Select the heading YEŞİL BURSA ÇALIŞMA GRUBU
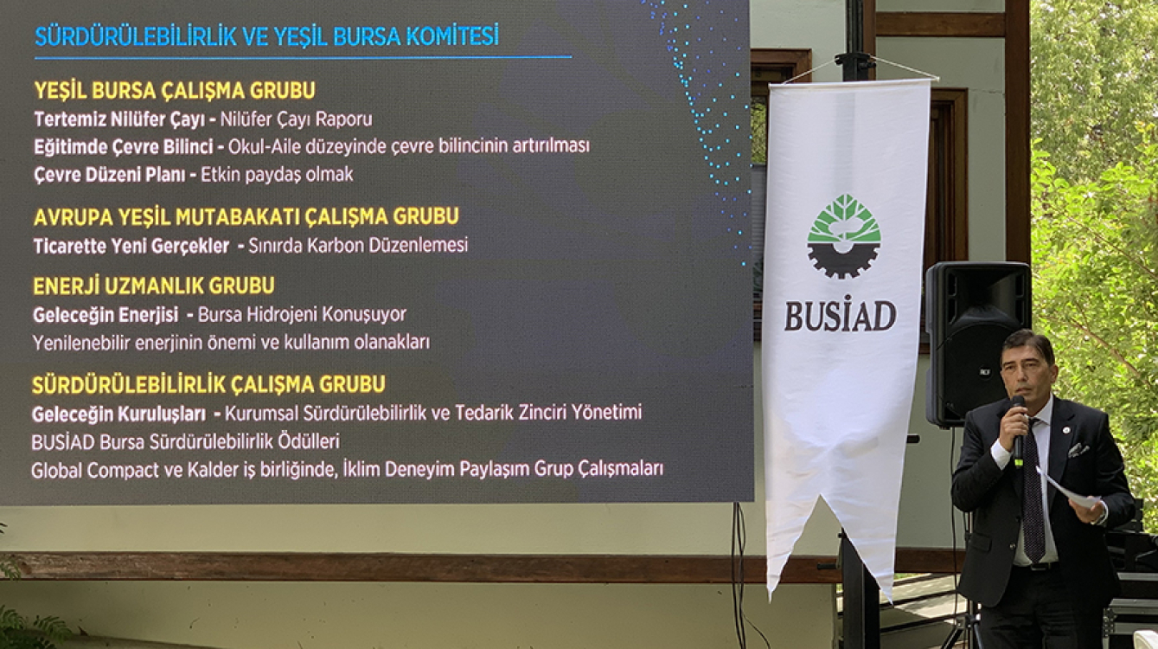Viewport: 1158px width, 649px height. [175, 91]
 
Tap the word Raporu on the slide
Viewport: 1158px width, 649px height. [344, 119]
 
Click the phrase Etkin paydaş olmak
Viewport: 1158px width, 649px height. [277, 175]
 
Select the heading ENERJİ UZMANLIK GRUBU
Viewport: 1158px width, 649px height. [154, 286]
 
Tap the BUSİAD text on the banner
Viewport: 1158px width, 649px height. [841, 315]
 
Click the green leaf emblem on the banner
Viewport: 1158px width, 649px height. [844, 219]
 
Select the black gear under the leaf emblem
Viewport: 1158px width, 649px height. [844, 260]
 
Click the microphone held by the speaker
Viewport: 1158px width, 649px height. [1019, 431]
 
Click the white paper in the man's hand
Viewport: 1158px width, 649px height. [1067, 489]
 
